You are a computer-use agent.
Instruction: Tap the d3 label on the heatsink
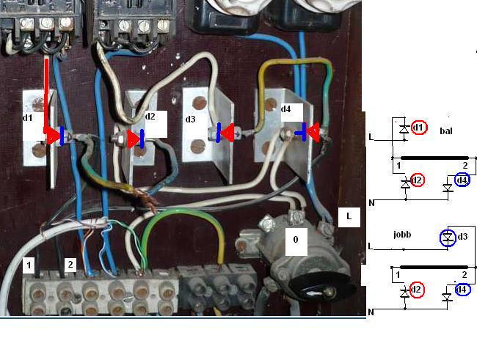[x=191, y=119]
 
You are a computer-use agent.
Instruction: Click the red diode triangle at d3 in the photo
[x=227, y=133]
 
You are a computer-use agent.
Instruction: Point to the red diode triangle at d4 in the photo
[x=314, y=132]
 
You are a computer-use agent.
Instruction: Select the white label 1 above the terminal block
[x=29, y=265]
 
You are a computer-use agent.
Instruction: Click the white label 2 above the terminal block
[x=70, y=265]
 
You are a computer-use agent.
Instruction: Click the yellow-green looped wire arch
[x=183, y=220]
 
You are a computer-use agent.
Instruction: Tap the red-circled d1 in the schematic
[x=419, y=128]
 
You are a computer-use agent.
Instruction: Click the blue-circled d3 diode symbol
[x=447, y=238]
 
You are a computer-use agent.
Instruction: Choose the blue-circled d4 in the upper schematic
[x=462, y=180]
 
